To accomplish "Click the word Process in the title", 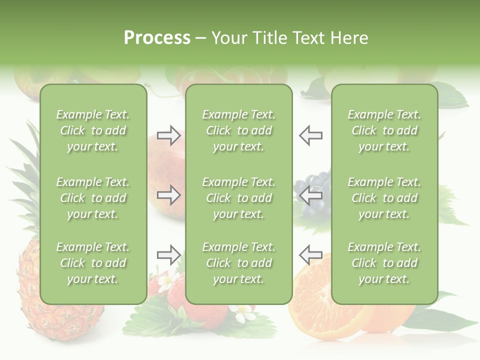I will click(157, 38).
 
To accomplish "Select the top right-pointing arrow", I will click(168, 135).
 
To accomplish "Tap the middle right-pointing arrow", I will click(168, 195).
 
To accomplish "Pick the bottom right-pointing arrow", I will click(168, 255).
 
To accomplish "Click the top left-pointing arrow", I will click(310, 135).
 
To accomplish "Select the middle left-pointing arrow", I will click(310, 195).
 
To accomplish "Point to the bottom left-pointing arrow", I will click(310, 255).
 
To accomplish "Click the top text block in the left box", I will click(93, 130).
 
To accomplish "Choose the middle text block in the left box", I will click(93, 198).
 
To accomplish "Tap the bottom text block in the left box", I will click(93, 263).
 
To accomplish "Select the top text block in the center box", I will click(238, 130).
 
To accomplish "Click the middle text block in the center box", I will click(238, 198).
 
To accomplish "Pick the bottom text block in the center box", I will click(238, 263).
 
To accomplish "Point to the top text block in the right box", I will click(384, 130).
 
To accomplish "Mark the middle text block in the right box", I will click(384, 198).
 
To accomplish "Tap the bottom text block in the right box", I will click(384, 263).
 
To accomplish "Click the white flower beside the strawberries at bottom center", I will click(243, 313).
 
